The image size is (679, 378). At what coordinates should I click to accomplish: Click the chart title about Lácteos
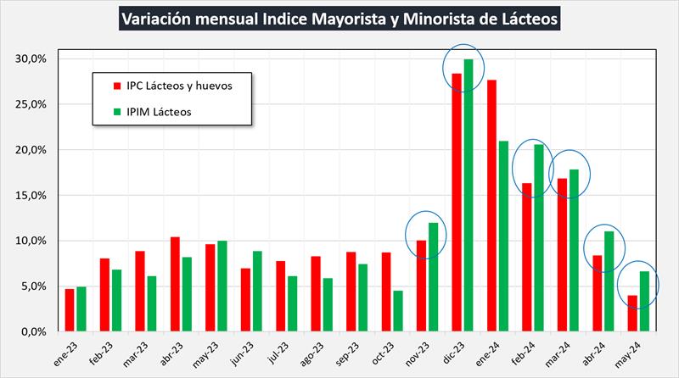(339, 19)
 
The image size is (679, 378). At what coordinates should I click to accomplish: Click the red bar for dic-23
(457, 202)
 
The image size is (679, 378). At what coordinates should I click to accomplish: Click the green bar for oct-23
(398, 310)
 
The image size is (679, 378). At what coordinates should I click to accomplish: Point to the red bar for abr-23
(175, 284)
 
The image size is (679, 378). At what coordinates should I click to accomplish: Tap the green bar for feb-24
(538, 237)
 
